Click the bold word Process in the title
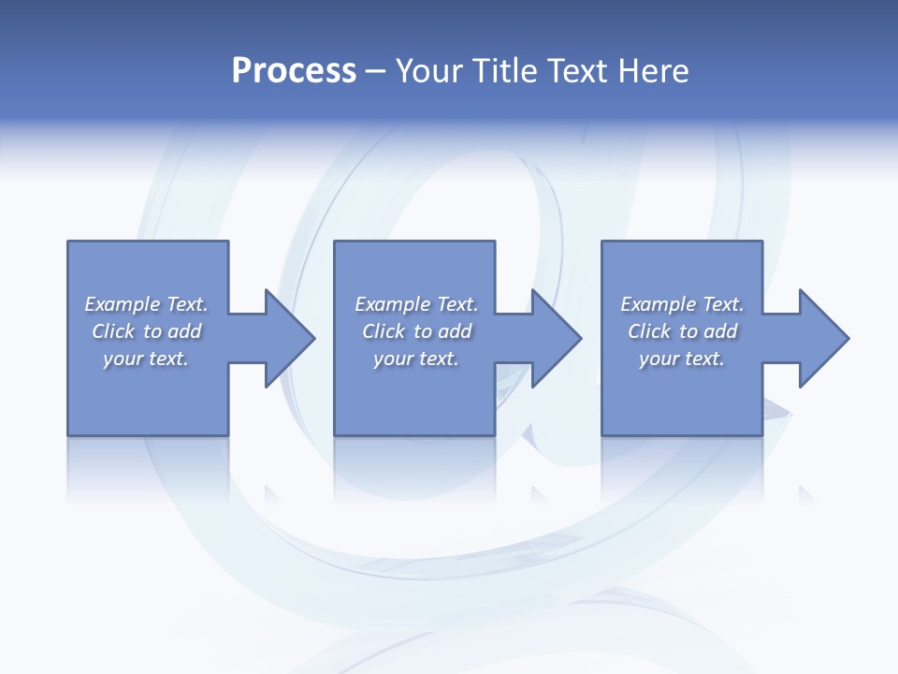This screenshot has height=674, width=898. [294, 71]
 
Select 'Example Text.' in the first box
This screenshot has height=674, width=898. [146, 304]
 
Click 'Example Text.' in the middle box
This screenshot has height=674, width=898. [416, 304]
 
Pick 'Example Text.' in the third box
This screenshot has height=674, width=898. [682, 304]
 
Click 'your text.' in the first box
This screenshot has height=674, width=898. [146, 359]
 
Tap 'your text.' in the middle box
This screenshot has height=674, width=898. [416, 359]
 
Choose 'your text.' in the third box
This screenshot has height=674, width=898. [682, 359]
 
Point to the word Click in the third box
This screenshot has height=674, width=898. [649, 331]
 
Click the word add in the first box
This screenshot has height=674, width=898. [184, 331]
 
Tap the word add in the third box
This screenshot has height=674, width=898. [720, 331]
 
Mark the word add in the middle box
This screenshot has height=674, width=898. [455, 331]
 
